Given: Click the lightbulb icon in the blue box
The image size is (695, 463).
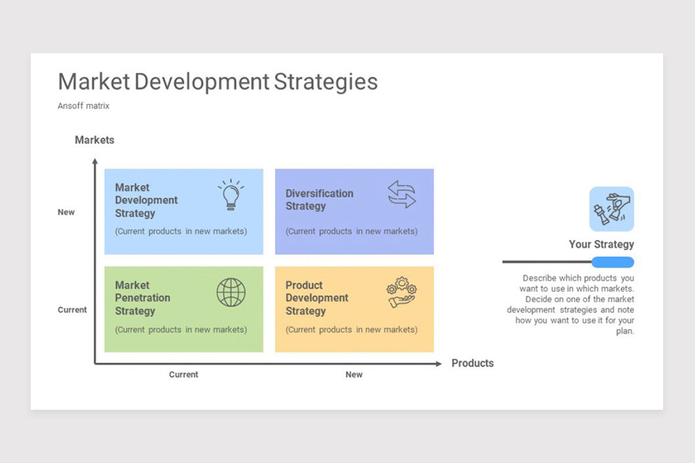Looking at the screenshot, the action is (231, 195).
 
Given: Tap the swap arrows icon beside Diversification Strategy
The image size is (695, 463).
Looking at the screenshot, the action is (401, 194).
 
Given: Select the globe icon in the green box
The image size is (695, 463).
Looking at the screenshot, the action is (231, 292).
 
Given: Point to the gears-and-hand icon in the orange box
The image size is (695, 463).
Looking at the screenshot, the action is (401, 292).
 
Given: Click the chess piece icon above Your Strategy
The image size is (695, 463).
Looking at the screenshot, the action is (612, 209).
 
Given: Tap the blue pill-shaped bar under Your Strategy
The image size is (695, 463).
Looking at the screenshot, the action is (613, 262).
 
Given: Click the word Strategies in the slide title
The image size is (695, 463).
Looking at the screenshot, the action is (325, 82).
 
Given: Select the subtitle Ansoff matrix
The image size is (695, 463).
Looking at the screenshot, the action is (83, 106).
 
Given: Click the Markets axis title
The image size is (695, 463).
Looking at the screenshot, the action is (94, 140).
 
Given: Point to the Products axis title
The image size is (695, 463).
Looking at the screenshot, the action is (473, 363).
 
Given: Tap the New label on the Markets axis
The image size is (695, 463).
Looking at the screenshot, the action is (66, 212).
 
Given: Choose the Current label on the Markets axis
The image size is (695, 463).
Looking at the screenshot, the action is (72, 310).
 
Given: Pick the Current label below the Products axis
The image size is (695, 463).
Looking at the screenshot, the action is (184, 374).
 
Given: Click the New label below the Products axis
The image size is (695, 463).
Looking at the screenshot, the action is (354, 374).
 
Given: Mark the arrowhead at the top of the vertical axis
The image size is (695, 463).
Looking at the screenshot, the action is (95, 161).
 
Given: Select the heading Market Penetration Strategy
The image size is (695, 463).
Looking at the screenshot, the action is (142, 298).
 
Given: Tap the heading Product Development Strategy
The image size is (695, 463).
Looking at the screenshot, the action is (317, 298).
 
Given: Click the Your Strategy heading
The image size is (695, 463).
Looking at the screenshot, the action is (601, 244).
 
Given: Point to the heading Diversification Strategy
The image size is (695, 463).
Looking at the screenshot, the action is (319, 200).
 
